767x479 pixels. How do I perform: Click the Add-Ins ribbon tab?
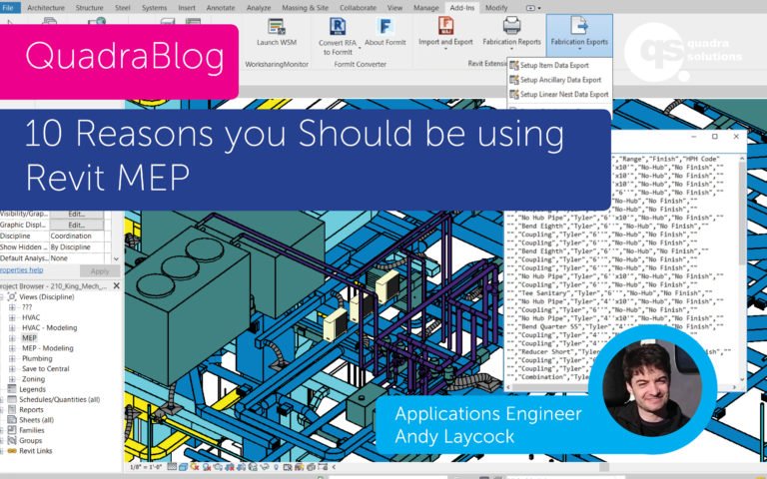462,7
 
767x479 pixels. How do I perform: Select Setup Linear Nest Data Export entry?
564,95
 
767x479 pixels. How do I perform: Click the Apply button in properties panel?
100,270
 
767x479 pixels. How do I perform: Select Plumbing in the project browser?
39,358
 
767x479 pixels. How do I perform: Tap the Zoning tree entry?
34,379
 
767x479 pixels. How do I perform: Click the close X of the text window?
736,136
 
